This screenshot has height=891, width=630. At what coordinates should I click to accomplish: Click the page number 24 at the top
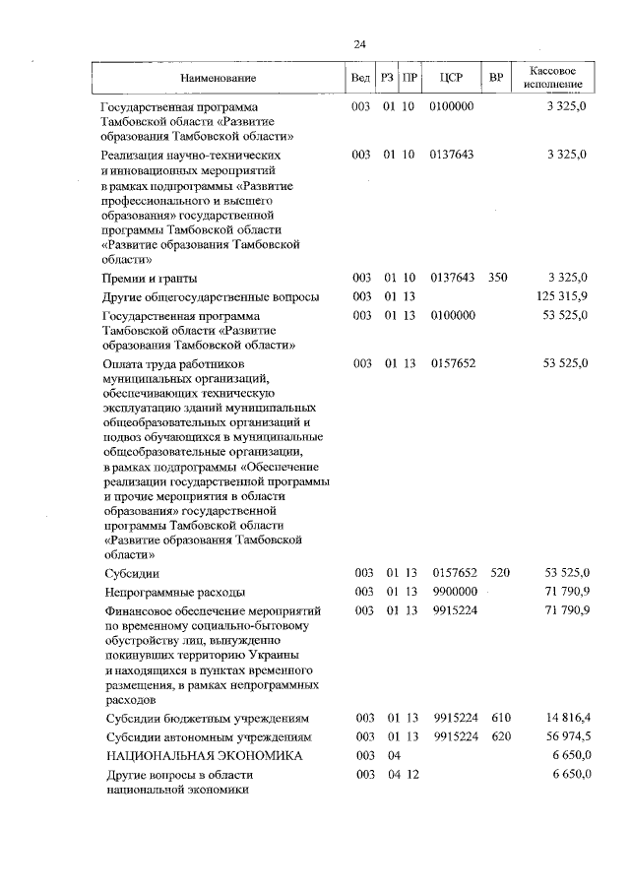click(x=359, y=44)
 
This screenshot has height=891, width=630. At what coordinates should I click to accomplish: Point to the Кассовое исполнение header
click(x=558, y=78)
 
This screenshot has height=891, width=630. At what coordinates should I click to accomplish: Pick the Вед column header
click(x=360, y=78)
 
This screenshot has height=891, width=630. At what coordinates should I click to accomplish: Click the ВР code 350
click(x=497, y=278)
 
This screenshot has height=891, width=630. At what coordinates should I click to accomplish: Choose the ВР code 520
click(x=499, y=572)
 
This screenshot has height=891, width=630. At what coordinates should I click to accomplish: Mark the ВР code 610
click(x=499, y=718)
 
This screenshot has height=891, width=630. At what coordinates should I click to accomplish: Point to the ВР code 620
click(x=499, y=736)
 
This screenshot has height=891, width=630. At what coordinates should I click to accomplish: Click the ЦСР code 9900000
click(x=454, y=591)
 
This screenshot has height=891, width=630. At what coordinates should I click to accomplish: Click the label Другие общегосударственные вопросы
click(x=211, y=297)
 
